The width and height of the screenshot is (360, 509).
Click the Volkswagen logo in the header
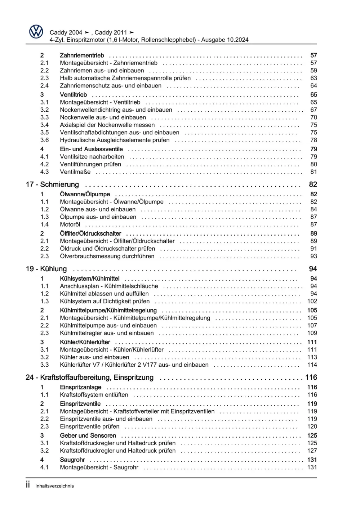(x=36, y=32)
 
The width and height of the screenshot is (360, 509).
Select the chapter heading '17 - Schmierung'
(x=52, y=184)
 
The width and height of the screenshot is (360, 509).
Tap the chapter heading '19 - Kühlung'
(x=46, y=269)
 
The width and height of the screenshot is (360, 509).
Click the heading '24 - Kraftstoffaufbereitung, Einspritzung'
(x=90, y=377)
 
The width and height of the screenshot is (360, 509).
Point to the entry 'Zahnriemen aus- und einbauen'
(x=102, y=71)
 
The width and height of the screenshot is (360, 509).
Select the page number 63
(x=314, y=78)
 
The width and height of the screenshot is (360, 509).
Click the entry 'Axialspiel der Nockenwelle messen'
(x=107, y=125)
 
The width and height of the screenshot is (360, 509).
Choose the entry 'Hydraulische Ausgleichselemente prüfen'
(x=115, y=140)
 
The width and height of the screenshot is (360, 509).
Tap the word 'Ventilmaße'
(x=75, y=172)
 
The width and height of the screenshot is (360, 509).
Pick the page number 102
(x=312, y=301)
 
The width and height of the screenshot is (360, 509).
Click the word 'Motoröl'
(x=70, y=224)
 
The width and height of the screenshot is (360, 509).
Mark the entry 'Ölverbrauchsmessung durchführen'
(x=107, y=256)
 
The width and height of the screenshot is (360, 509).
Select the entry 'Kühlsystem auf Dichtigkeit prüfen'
(x=105, y=301)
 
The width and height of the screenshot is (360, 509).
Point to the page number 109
(x=312, y=333)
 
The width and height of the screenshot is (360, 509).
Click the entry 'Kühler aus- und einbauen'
(x=94, y=357)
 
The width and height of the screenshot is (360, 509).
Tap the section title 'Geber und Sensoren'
(x=88, y=436)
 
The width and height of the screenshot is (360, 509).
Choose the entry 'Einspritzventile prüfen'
(x=90, y=427)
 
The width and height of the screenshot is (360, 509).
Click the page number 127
(x=312, y=451)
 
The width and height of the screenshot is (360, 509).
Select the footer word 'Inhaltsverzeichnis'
(x=54, y=486)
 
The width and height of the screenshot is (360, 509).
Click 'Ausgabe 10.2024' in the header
(x=225, y=40)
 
